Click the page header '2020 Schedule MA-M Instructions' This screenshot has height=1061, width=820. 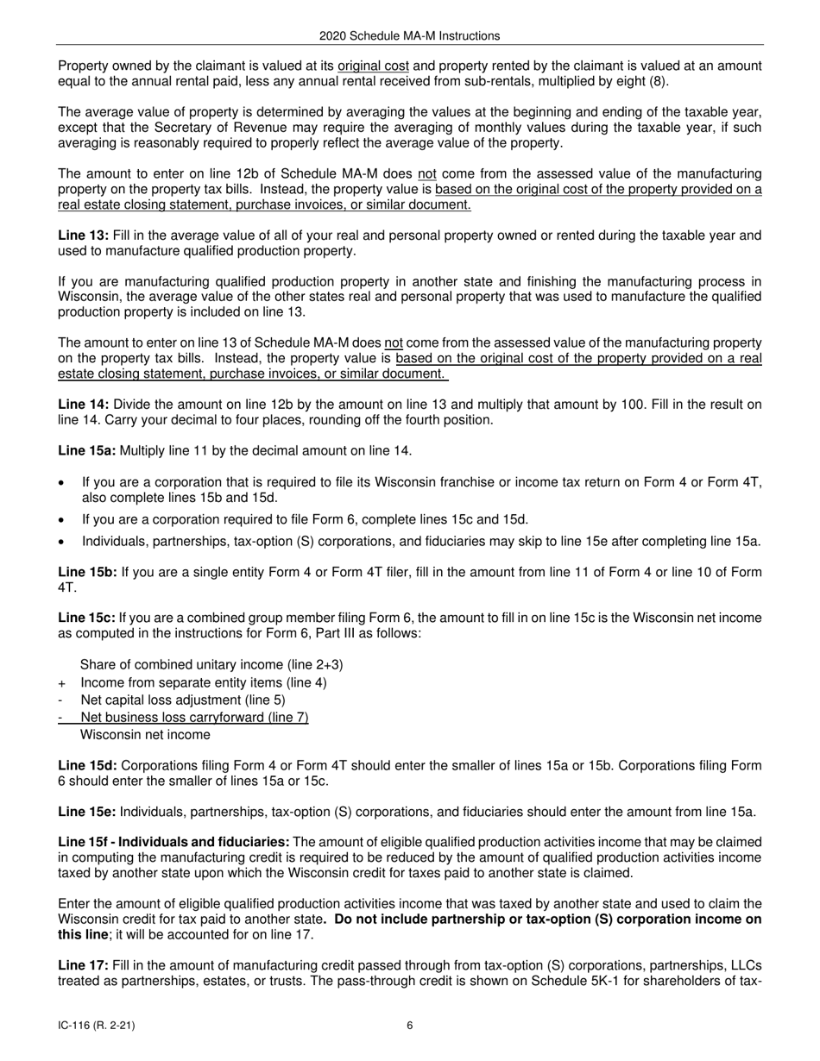tap(409, 36)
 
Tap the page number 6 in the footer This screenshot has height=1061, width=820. tap(410, 1026)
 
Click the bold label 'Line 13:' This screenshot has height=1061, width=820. tap(83, 235)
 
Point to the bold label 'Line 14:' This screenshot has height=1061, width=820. tap(83, 404)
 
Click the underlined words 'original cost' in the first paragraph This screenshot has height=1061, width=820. tap(373, 66)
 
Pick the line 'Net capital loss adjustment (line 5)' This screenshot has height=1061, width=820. tap(182, 700)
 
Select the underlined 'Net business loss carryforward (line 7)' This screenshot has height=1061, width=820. tap(194, 717)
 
